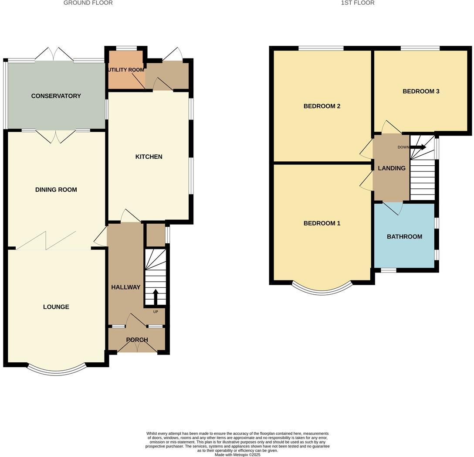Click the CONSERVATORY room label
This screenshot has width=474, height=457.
tap(56, 96)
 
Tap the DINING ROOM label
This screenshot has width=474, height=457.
tap(56, 190)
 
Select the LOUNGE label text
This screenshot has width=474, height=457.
tap(56, 307)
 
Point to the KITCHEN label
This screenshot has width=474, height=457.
tap(149, 157)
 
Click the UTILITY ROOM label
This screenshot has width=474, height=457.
tap(126, 70)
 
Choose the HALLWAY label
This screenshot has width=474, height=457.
tap(125, 287)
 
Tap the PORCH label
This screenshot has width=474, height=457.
tap(137, 340)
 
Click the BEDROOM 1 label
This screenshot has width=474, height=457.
tap(322, 223)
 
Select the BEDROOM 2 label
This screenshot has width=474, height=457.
tap(322, 106)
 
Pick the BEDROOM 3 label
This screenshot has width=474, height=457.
tap(420, 91)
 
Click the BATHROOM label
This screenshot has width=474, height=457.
tap(404, 236)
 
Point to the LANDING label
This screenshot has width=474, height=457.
tap(391, 168)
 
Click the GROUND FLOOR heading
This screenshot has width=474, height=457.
tap(88, 3)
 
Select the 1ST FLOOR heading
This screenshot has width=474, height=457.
tap(358, 3)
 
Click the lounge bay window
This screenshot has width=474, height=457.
tap(57, 371)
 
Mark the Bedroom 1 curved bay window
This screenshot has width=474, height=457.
tap(322, 291)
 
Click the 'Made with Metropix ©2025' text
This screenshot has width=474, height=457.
tap(237, 454)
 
